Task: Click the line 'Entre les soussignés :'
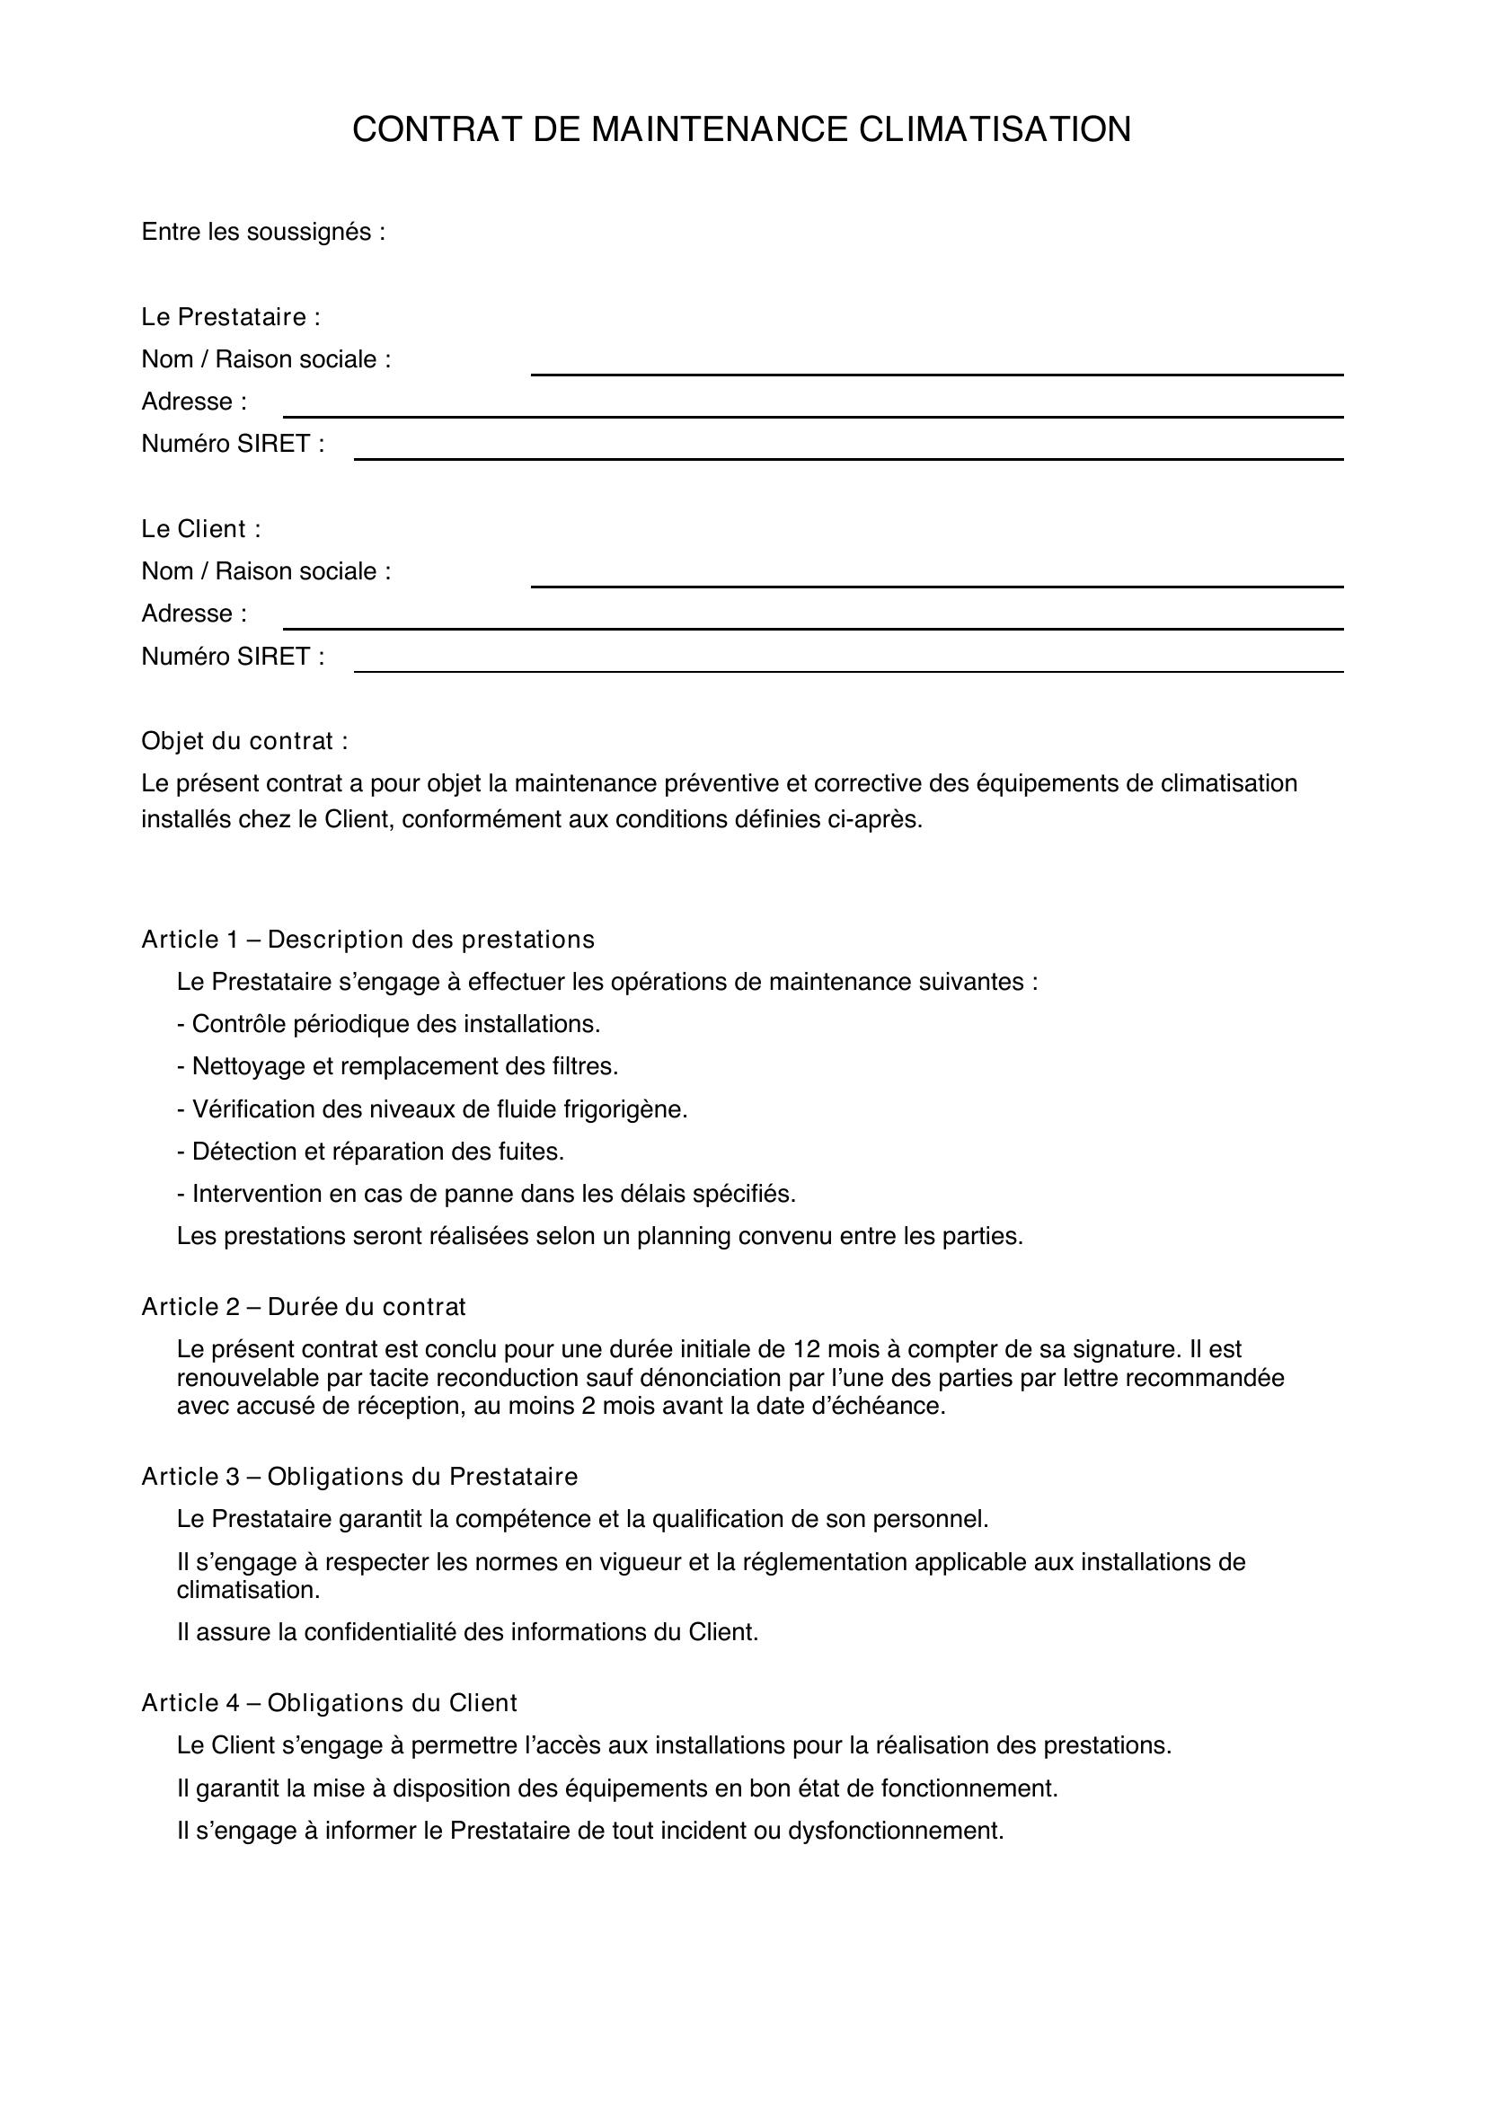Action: point(262,233)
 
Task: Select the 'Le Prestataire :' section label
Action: point(231,317)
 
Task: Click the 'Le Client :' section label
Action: point(200,529)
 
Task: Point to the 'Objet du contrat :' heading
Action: point(244,741)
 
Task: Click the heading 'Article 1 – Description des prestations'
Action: point(367,940)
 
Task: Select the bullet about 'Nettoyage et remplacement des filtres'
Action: point(398,1067)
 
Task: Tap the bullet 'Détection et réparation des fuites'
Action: point(370,1152)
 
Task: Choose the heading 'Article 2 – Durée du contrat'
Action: point(303,1307)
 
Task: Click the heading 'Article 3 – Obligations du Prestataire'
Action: point(359,1477)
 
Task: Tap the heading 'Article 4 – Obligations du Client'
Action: point(330,1703)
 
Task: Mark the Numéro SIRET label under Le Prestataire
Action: point(233,445)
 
